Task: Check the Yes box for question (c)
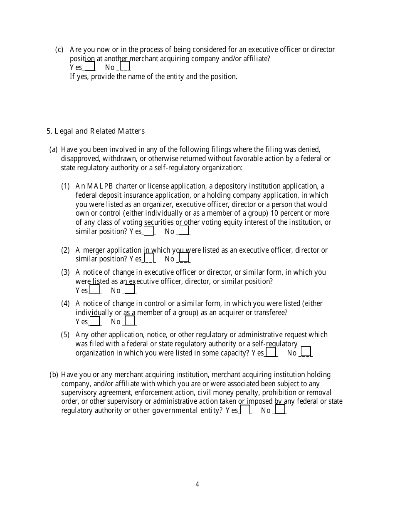[x=90, y=66]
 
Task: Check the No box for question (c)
[x=125, y=66]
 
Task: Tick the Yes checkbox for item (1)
[x=149, y=231]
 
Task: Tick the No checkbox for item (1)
[x=184, y=231]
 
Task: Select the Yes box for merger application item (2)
[x=149, y=258]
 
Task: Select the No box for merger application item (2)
[x=184, y=258]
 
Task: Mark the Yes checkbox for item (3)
[x=95, y=289]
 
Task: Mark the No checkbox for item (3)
[x=130, y=289]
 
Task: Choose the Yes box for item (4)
[x=95, y=321]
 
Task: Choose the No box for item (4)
[x=130, y=321]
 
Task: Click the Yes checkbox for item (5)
[x=271, y=352]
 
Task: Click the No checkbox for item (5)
[x=306, y=352]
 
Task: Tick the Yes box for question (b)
[x=245, y=410]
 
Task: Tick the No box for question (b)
[x=280, y=410]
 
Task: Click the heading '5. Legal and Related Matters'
[x=96, y=131]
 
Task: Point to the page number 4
[x=197, y=484]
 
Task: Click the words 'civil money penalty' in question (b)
[x=226, y=393]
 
